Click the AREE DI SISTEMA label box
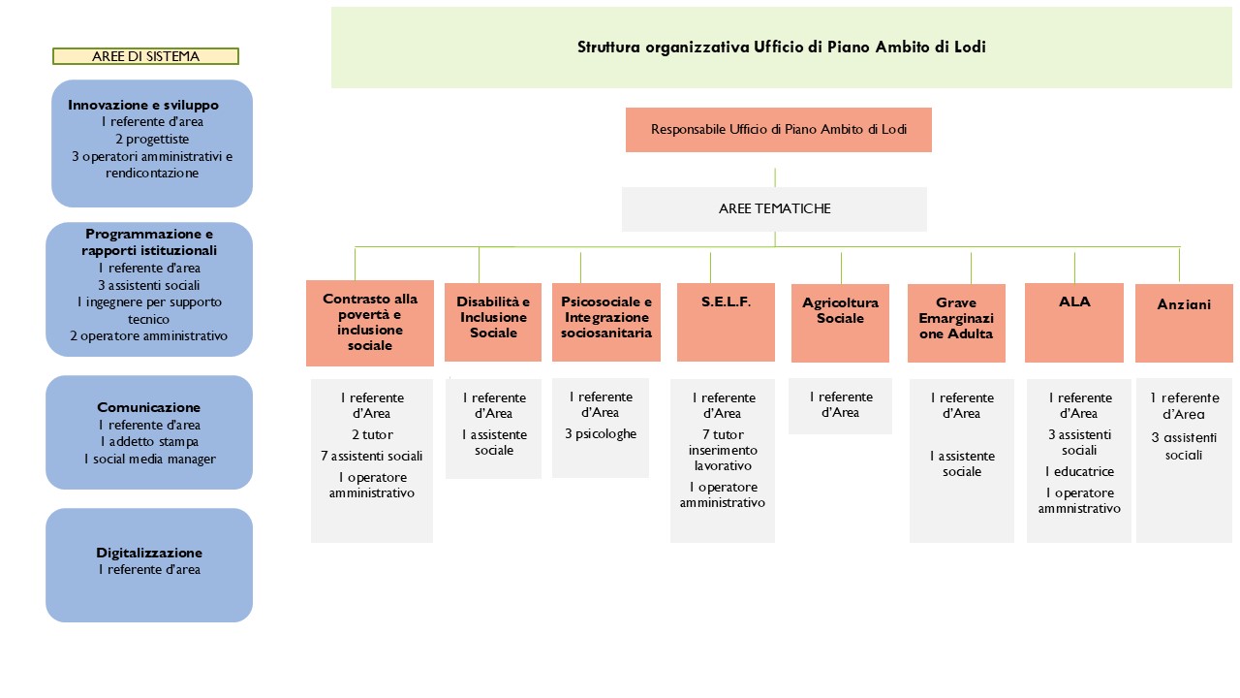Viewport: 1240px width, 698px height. (145, 56)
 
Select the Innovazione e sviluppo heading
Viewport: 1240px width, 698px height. (143, 105)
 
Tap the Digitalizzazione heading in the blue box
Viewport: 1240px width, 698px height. (149, 553)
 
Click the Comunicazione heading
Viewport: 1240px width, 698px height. (149, 407)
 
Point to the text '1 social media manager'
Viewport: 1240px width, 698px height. (149, 459)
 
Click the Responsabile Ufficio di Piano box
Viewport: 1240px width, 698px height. (778, 130)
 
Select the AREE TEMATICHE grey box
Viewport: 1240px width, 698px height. (774, 208)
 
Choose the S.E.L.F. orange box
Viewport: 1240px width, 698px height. (726, 322)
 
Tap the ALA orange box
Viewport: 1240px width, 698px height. (1074, 323)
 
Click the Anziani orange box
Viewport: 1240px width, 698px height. (1184, 323)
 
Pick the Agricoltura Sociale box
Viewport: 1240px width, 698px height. (840, 323)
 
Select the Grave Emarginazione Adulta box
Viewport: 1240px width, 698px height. (956, 323)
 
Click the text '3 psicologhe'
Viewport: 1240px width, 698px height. (601, 433)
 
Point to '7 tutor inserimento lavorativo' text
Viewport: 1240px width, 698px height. (723, 450)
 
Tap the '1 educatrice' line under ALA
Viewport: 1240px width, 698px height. (1079, 471)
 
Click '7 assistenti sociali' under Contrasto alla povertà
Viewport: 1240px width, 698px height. (371, 456)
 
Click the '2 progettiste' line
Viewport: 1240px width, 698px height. (152, 139)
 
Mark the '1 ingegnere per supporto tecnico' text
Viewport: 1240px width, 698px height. (149, 310)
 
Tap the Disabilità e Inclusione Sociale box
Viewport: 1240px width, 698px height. (493, 322)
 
